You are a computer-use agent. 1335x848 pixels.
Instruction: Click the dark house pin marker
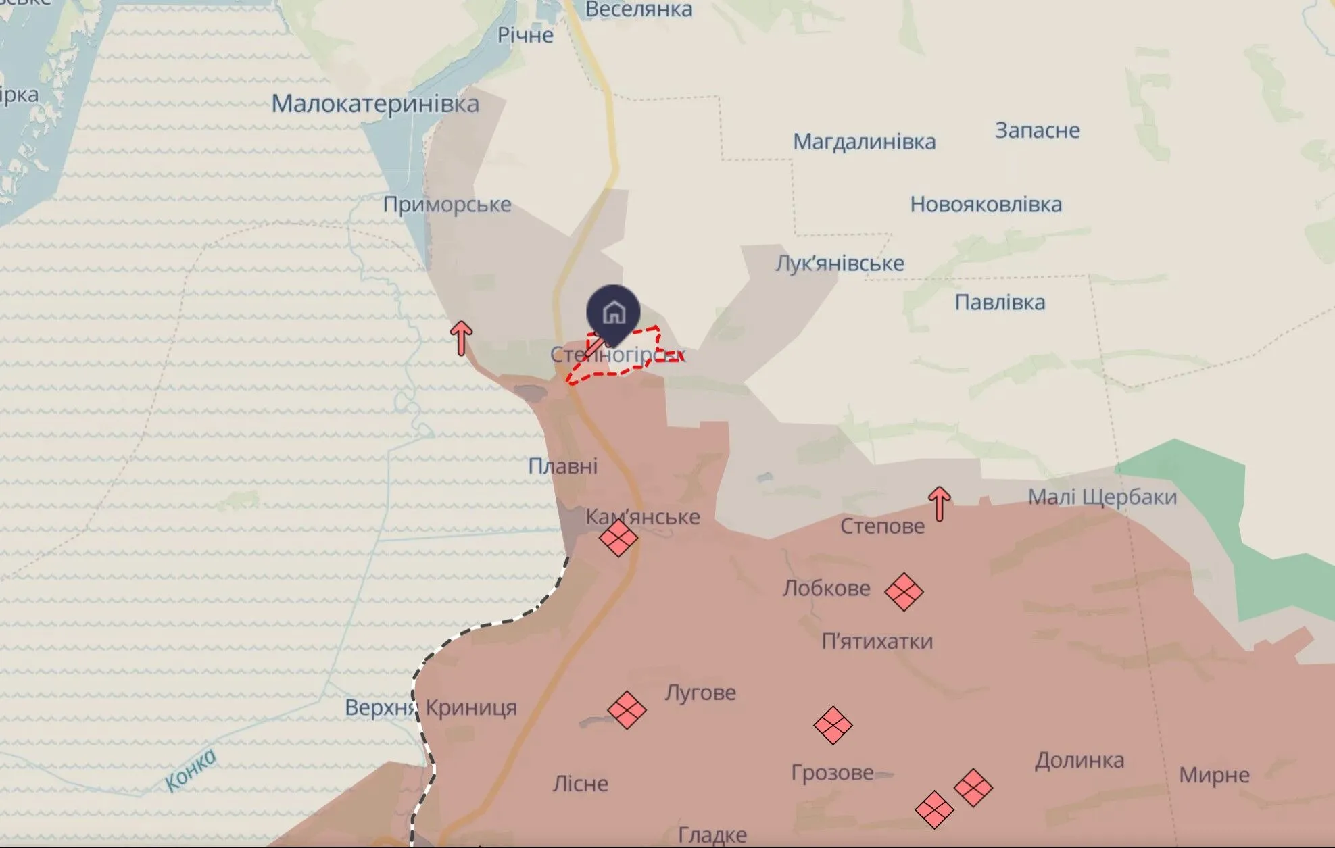pyautogui.click(x=613, y=312)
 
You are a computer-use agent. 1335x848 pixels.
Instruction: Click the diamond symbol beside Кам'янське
pyautogui.click(x=618, y=538)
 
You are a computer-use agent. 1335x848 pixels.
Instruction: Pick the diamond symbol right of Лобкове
pyautogui.click(x=904, y=592)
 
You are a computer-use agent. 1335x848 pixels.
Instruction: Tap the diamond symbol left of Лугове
pyautogui.click(x=627, y=710)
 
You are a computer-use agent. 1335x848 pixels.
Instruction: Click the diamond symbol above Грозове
pyautogui.click(x=833, y=726)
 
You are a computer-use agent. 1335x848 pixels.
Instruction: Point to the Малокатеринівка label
pyautogui.click(x=375, y=104)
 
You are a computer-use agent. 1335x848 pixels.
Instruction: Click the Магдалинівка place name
pyautogui.click(x=864, y=142)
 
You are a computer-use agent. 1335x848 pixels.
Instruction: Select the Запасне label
pyautogui.click(x=1037, y=130)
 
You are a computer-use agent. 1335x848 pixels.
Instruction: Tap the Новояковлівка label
pyautogui.click(x=986, y=204)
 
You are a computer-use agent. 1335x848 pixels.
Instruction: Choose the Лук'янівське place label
pyautogui.click(x=840, y=263)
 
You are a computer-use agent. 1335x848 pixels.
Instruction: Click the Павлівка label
pyautogui.click(x=1000, y=302)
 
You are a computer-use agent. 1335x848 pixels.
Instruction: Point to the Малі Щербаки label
pyautogui.click(x=1102, y=497)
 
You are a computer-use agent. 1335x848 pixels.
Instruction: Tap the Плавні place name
pyautogui.click(x=562, y=466)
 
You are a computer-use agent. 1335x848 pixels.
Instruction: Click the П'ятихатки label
pyautogui.click(x=877, y=641)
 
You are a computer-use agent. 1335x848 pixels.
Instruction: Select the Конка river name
pyautogui.click(x=191, y=770)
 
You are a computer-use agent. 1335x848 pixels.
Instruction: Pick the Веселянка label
pyautogui.click(x=638, y=9)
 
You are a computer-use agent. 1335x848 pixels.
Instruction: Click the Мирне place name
pyautogui.click(x=1214, y=774)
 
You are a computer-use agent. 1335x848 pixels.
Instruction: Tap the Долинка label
pyautogui.click(x=1079, y=761)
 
